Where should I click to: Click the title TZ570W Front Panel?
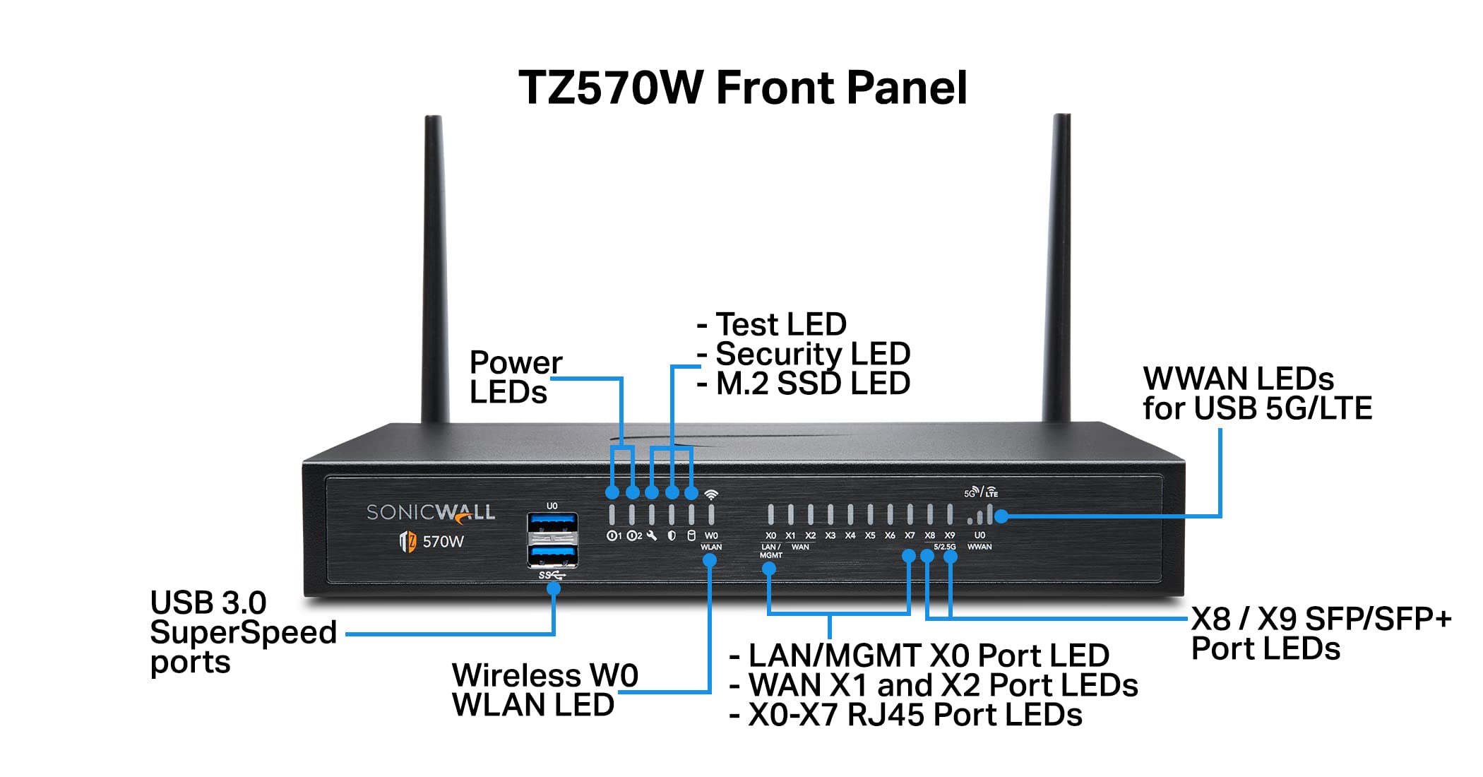742,88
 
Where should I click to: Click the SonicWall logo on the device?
430,512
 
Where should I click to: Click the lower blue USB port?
552,554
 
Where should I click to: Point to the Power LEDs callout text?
515,377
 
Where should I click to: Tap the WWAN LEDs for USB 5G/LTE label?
1257,393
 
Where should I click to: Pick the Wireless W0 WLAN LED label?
544,690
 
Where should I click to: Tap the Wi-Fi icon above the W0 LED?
711,494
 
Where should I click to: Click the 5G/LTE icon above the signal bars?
981,492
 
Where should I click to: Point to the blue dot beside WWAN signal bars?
1001,516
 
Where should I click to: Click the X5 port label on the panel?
870,536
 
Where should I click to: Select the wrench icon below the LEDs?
652,536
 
